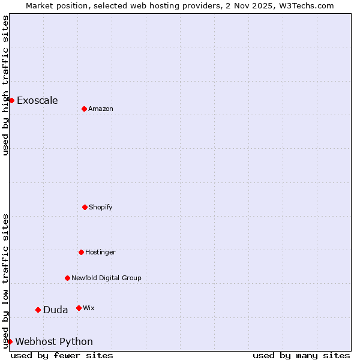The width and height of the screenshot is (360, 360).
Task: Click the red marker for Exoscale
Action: click(x=11, y=100)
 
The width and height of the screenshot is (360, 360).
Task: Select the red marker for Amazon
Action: click(x=84, y=109)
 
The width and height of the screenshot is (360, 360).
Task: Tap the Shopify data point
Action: click(x=85, y=207)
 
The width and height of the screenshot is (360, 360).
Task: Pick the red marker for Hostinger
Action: click(x=81, y=252)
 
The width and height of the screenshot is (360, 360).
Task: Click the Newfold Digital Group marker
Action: click(x=67, y=278)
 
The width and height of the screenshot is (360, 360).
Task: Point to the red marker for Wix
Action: click(x=79, y=308)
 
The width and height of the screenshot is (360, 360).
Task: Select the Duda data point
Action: click(x=38, y=310)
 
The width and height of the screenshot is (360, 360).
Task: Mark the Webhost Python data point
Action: click(x=10, y=341)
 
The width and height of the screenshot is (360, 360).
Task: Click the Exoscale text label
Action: click(x=37, y=100)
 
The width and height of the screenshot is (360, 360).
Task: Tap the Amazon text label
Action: click(x=101, y=109)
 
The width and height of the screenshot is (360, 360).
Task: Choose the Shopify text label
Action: click(x=101, y=207)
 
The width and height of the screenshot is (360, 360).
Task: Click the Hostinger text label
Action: click(x=100, y=252)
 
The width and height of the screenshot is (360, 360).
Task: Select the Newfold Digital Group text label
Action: click(x=106, y=278)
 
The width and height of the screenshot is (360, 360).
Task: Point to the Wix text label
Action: click(x=89, y=308)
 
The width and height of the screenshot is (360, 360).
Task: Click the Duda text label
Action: click(x=55, y=310)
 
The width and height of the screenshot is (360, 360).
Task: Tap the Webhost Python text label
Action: click(x=54, y=341)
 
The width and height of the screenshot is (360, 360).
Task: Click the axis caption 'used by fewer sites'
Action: click(x=62, y=355)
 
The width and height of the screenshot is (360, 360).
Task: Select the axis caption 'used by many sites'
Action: click(x=301, y=355)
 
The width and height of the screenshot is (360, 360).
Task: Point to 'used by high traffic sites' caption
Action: click(x=5, y=85)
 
